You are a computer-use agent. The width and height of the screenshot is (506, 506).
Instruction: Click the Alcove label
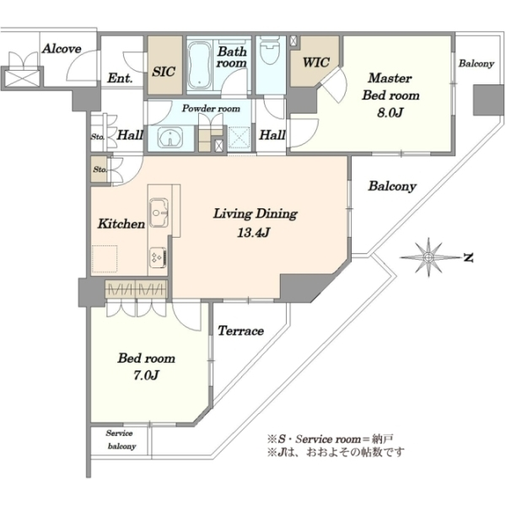pos(62,48)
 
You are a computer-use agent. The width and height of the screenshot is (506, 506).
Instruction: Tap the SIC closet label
pos(164,72)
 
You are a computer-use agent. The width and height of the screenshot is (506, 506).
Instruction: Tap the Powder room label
pos(211,109)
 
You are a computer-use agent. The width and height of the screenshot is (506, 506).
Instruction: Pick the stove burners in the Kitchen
pos(157,253)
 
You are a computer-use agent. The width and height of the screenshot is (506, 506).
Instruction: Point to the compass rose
pos(429,255)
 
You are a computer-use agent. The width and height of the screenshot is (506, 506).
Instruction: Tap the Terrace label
pos(241,331)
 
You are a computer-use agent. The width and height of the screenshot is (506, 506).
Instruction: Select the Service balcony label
pos(119,439)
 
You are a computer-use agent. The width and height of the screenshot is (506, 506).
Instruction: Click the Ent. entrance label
pos(119,80)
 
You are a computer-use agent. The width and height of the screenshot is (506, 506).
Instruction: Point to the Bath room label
pos(231,57)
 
